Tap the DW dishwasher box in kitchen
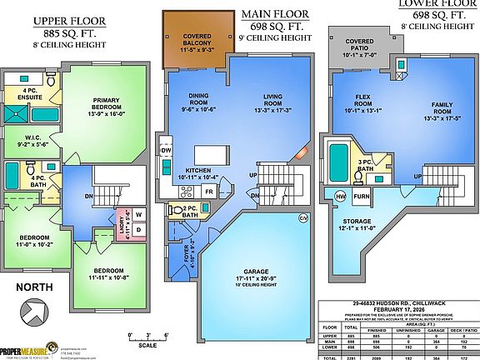coord(167,151)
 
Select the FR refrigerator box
coord(208,192)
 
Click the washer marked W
coord(139,215)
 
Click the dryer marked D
coord(139,231)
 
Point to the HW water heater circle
coord(340,196)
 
